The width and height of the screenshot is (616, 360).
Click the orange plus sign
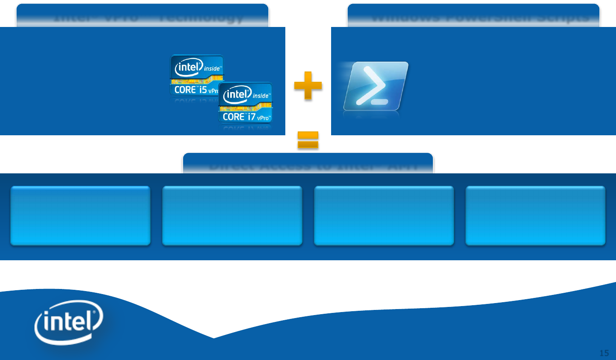[x=308, y=86]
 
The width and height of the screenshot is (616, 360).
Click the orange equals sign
[x=308, y=140]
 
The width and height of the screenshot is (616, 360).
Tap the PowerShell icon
[x=376, y=86]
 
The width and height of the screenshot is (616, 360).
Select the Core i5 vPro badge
[x=195, y=74]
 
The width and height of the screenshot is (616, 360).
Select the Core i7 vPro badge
[x=246, y=103]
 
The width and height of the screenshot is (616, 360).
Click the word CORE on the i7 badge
[x=234, y=117]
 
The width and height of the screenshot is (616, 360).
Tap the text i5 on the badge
[x=203, y=89]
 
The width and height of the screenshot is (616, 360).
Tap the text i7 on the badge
[x=252, y=116]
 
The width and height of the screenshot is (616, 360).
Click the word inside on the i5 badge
[x=212, y=68]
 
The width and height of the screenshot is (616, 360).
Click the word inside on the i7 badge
[x=261, y=96]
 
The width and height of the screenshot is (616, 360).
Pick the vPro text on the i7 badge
[x=264, y=118]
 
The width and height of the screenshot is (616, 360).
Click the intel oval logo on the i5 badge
[x=188, y=67]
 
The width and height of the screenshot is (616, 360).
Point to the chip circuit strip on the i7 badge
[x=246, y=107]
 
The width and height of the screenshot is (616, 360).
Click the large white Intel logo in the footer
[x=68, y=322]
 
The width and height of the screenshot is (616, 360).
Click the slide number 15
[x=604, y=353]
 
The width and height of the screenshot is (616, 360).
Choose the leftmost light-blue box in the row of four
[x=80, y=215]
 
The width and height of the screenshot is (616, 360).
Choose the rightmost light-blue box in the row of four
[x=536, y=215]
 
